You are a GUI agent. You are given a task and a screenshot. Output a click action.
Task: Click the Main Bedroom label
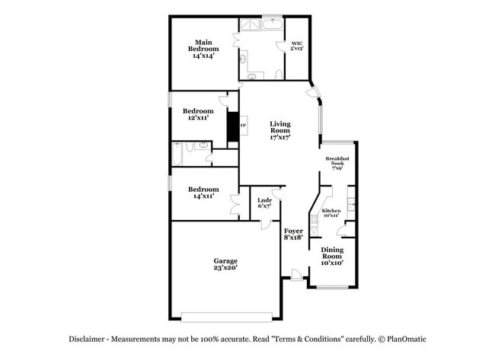pos(203,49)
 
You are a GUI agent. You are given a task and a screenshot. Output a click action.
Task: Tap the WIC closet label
pos(297,45)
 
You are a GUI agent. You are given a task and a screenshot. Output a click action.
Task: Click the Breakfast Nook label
pos(338,163)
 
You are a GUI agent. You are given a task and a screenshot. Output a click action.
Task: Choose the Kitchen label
pos(331,212)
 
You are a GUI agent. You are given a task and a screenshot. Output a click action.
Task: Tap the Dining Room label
pos(331,256)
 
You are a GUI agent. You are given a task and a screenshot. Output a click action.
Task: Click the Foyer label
pos(293,234)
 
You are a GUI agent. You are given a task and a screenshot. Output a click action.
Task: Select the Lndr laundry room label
pos(264,203)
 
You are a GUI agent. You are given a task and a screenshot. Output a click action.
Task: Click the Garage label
pos(225,264)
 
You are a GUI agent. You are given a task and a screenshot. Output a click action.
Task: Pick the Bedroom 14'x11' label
pos(203,193)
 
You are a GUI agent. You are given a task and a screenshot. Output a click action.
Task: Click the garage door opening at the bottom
pos(227,317)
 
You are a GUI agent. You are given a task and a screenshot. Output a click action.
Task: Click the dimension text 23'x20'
pos(225,269)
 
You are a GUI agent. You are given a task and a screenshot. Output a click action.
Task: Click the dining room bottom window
pos(333,288)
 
